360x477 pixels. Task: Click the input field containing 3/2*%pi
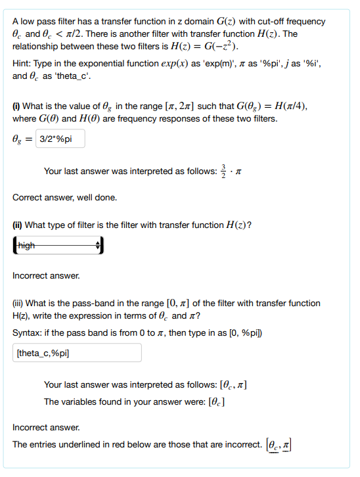[60, 139]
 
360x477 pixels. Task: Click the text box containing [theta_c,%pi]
[78, 352]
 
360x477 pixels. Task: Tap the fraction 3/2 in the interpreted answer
[224, 171]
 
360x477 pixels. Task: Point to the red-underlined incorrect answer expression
[279, 445]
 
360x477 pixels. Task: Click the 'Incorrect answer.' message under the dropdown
[46, 275]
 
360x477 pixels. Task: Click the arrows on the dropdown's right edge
[99, 246]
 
